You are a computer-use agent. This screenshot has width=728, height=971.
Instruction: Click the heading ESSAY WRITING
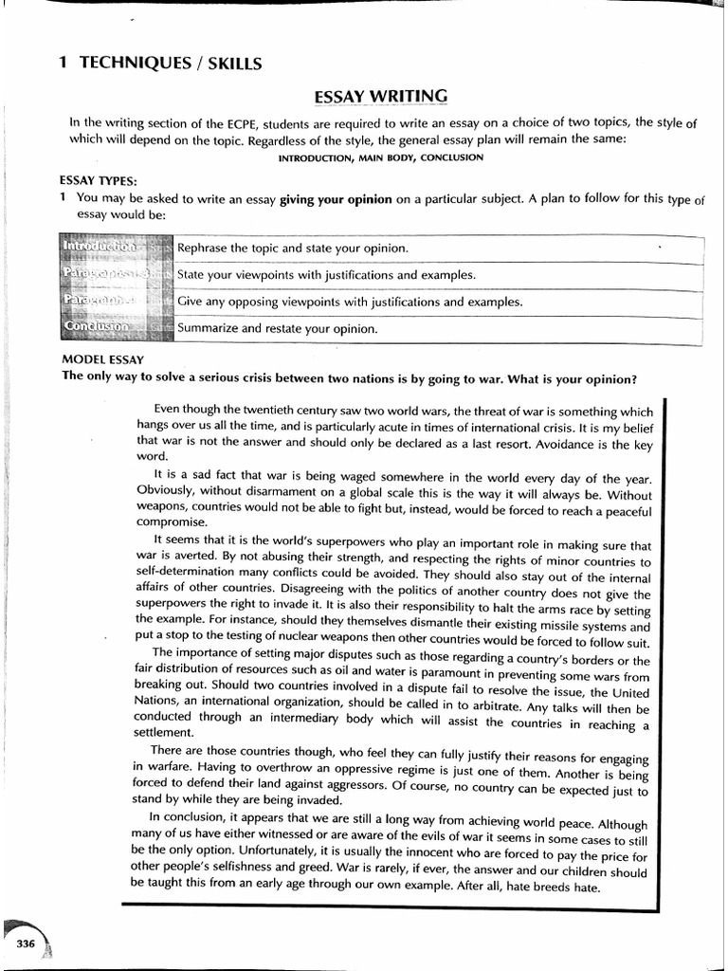coord(380,96)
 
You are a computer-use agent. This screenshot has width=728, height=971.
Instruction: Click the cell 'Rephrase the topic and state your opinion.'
coord(292,248)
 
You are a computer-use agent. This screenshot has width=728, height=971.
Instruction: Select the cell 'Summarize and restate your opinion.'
coord(278,329)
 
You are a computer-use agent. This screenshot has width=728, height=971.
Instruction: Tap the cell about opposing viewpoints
coord(350,302)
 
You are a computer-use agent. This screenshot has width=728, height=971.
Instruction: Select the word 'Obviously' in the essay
coord(166,494)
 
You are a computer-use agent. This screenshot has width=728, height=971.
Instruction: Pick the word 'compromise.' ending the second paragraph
coord(172,522)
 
